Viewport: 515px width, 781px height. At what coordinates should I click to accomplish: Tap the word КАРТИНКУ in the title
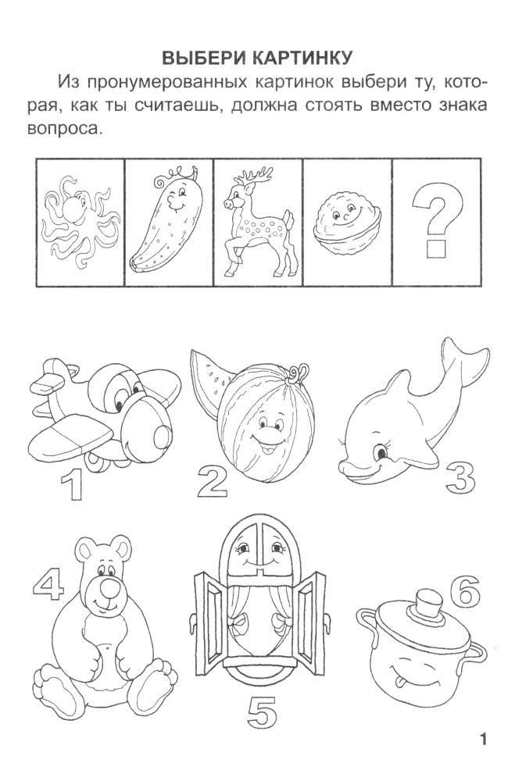[302, 58]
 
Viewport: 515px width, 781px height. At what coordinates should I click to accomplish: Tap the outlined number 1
[72, 485]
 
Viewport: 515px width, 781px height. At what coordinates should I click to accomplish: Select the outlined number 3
[460, 476]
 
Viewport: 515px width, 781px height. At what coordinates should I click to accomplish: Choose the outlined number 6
[464, 590]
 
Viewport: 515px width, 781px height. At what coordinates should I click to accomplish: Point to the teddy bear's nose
[109, 589]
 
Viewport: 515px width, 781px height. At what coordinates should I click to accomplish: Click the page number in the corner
[482, 738]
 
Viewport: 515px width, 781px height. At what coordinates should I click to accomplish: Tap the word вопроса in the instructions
[68, 129]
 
